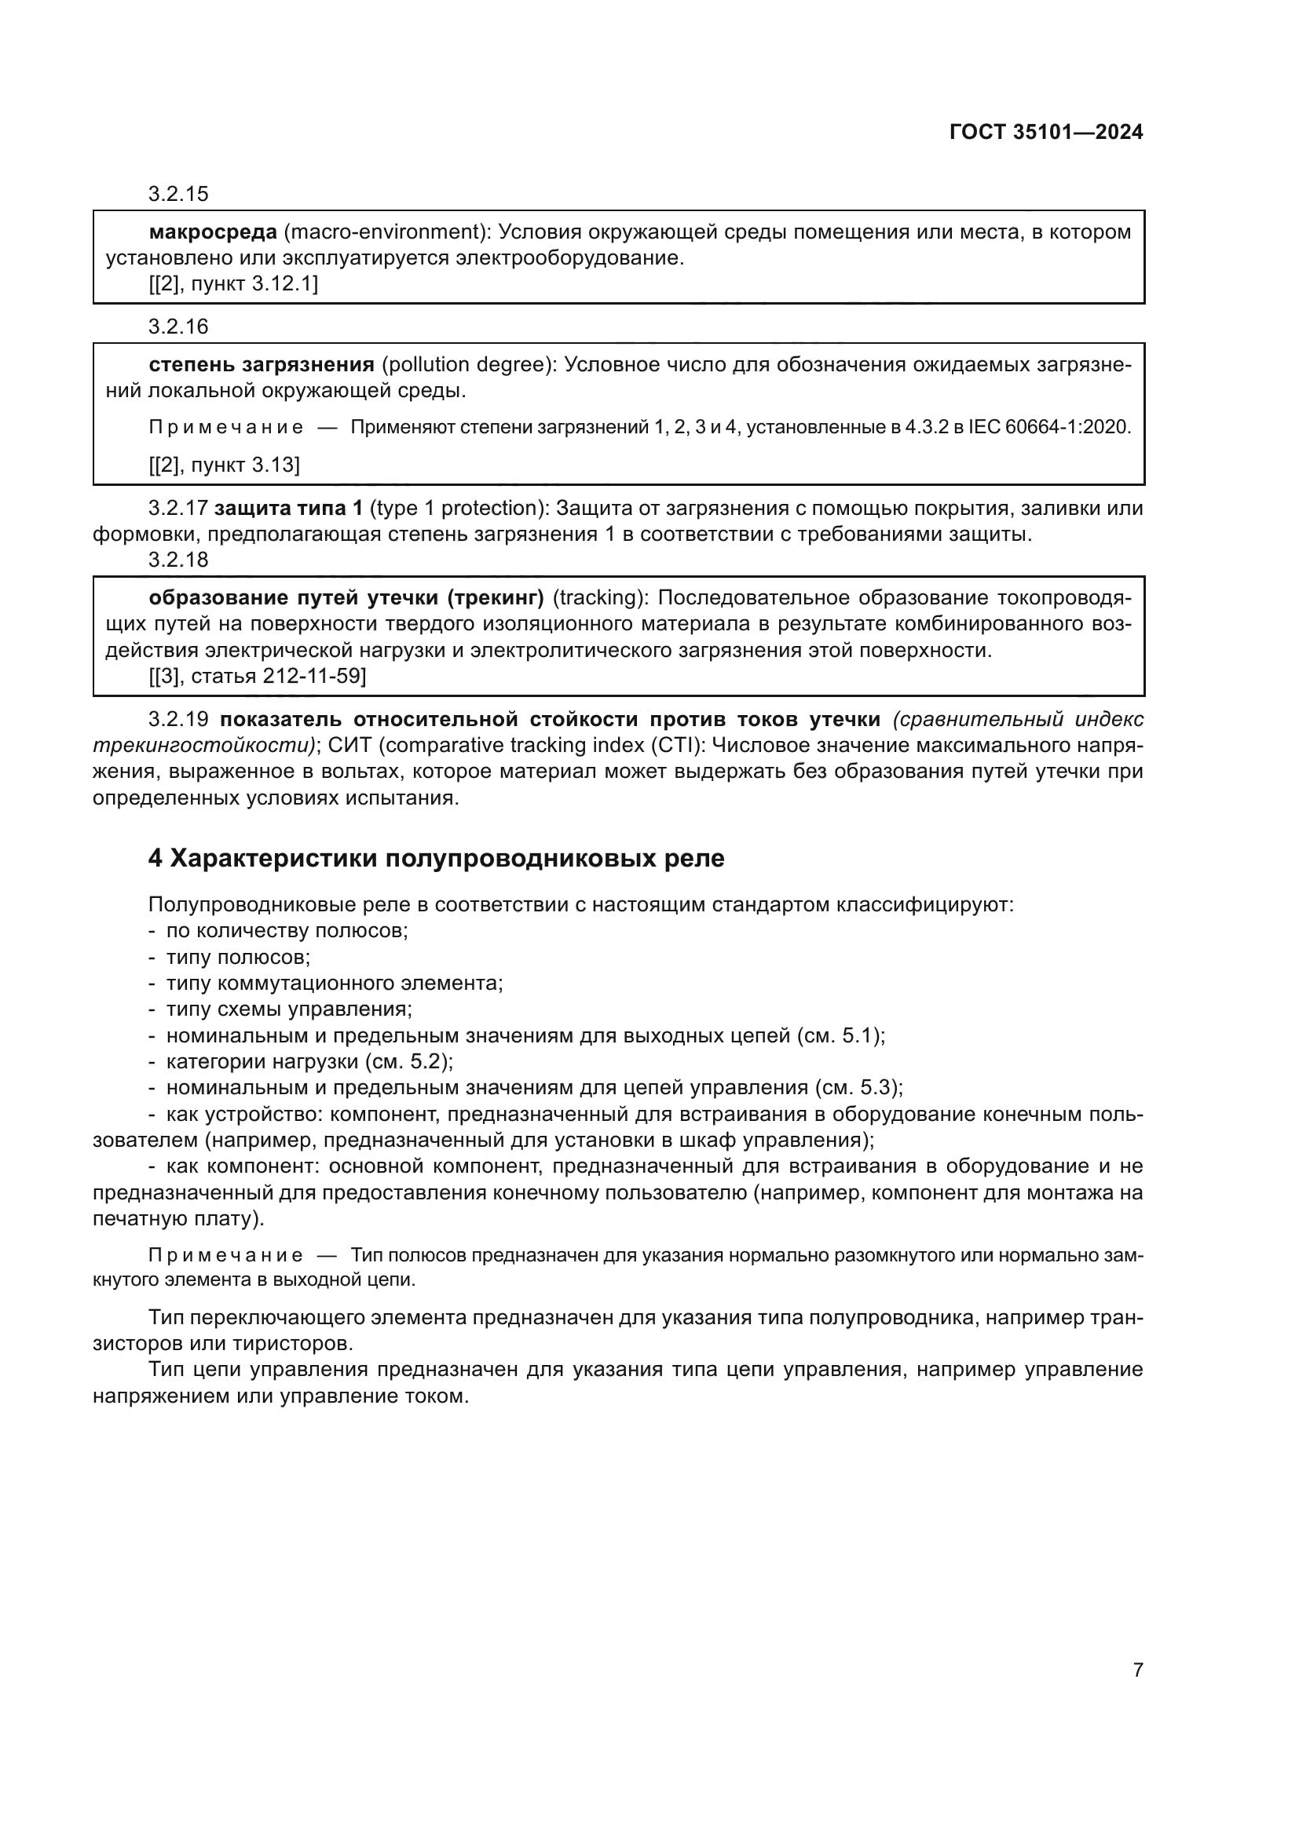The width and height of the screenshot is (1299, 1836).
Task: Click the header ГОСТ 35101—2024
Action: pyautogui.click(x=1046, y=133)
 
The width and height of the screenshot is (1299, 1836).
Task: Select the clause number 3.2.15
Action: pyautogui.click(x=178, y=194)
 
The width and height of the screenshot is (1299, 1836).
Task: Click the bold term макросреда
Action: pyautogui.click(x=213, y=232)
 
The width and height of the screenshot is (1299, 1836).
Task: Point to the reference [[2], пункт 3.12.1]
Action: pyautogui.click(x=232, y=284)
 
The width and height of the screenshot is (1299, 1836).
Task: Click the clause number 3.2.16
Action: pyautogui.click(x=178, y=327)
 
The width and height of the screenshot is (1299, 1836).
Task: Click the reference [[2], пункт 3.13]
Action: pyautogui.click(x=224, y=465)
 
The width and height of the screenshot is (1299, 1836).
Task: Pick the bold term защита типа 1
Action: pyautogui.click(x=289, y=509)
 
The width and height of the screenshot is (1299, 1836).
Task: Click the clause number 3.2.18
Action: pyautogui.click(x=178, y=560)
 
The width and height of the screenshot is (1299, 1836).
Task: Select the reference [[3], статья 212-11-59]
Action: pyautogui.click(x=257, y=677)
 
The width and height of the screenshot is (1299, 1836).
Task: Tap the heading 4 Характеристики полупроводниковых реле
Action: pyautogui.click(x=436, y=858)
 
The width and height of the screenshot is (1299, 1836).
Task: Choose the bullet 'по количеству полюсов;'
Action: pyautogui.click(x=287, y=931)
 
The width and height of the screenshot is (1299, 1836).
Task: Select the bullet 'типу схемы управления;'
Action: pyautogui.click(x=289, y=1009)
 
